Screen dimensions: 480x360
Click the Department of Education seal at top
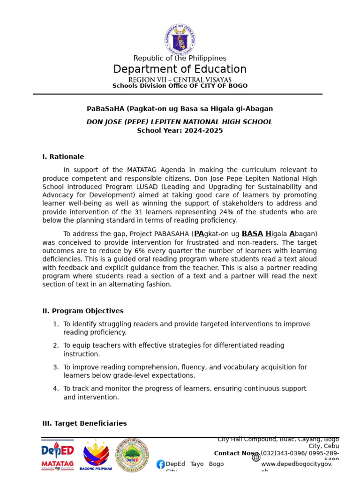[180, 39]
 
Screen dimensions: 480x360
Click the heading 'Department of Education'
[180, 69]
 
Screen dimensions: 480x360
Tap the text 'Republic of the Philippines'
[180, 58]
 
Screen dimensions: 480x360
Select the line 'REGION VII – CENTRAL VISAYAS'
[180, 80]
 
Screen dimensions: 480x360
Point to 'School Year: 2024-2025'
[180, 131]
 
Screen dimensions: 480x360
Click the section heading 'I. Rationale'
[63, 157]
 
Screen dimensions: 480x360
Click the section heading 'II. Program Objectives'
[83, 311]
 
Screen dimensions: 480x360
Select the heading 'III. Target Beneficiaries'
[84, 424]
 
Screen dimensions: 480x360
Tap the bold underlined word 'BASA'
[252, 234]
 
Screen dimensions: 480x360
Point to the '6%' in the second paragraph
[141, 251]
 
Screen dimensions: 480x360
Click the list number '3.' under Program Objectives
[56, 367]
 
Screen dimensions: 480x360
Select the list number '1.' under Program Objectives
[56, 324]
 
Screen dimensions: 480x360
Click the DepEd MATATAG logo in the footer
[57, 455]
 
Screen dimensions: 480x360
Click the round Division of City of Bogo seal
[133, 455]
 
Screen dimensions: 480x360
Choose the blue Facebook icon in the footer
[160, 464]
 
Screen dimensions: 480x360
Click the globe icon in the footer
[256, 457]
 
